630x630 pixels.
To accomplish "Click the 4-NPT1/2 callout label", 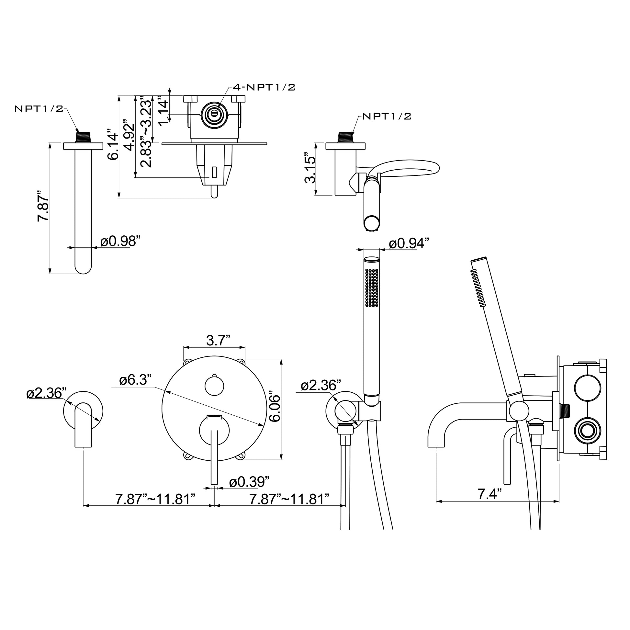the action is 264,87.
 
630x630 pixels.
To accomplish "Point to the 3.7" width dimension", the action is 219,341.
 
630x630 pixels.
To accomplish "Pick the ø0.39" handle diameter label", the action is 250,482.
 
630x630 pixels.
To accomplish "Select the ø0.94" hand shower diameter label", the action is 409,243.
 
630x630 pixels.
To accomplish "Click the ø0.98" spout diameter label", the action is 120,241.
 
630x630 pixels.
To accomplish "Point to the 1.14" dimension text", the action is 163,110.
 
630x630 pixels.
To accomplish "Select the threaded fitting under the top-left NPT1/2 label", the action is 83,137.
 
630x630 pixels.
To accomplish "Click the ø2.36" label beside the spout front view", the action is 46,393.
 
